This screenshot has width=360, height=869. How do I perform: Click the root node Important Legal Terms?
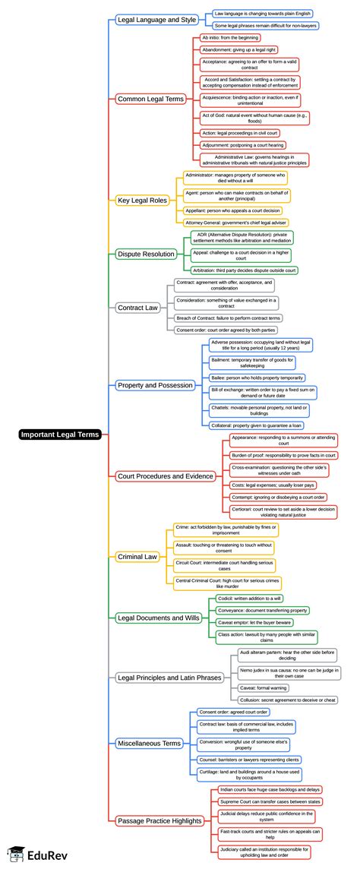tap(60, 434)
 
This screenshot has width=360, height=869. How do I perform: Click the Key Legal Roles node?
tap(142, 200)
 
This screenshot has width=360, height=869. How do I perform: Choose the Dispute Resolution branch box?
tap(147, 254)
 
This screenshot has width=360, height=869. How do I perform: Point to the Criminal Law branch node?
tap(137, 557)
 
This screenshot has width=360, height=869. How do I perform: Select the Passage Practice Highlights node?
tap(160, 820)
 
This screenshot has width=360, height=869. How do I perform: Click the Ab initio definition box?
tap(229, 37)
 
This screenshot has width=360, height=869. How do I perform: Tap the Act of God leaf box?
tap(254, 118)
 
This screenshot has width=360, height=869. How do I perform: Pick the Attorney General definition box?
tap(236, 222)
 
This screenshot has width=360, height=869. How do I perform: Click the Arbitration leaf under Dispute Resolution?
tap(243, 270)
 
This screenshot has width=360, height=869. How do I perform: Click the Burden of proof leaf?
tap(283, 455)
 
